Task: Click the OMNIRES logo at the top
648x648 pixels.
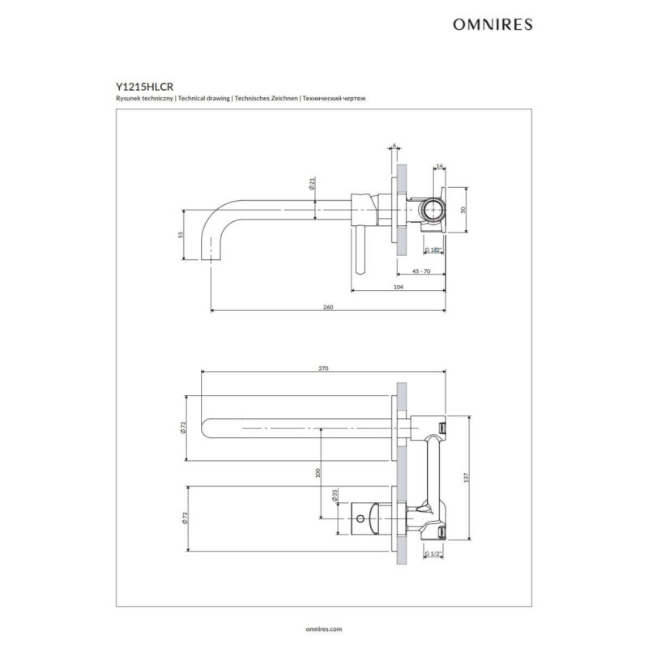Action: click(x=492, y=24)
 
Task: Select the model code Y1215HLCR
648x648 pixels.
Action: click(x=144, y=87)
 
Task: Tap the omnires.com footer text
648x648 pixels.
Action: click(x=324, y=629)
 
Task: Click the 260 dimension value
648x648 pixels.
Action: click(x=328, y=307)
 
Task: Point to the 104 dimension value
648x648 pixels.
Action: click(x=398, y=287)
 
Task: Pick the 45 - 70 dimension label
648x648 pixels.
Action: click(x=421, y=271)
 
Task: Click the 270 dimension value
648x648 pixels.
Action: click(x=323, y=369)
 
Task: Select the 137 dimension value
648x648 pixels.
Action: click(x=467, y=477)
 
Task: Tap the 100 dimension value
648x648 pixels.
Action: click(x=318, y=473)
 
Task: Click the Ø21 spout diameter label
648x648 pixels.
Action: click(x=312, y=183)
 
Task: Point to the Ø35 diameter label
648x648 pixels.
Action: click(x=335, y=495)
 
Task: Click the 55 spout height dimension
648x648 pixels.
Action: click(x=180, y=235)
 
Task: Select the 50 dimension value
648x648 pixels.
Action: click(x=463, y=210)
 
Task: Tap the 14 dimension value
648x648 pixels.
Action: click(x=439, y=166)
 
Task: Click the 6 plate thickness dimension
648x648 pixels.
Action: click(x=394, y=146)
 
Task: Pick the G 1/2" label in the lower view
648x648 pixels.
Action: click(x=433, y=554)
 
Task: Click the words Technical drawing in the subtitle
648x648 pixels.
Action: click(x=204, y=98)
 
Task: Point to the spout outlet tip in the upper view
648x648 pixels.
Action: click(x=211, y=259)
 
